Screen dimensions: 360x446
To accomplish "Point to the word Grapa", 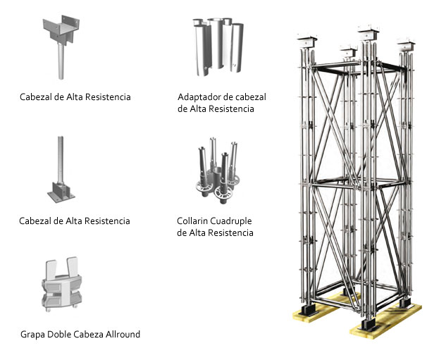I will click(x=34, y=334).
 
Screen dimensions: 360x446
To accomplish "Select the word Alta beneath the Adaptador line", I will click(x=199, y=108).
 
